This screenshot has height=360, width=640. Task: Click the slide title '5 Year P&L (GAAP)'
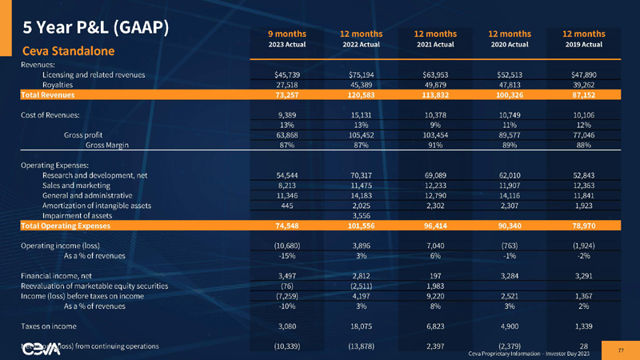95,27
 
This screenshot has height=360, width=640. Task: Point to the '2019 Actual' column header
583,44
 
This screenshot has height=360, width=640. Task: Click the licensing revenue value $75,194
361,74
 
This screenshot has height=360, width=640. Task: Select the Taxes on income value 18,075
361,326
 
